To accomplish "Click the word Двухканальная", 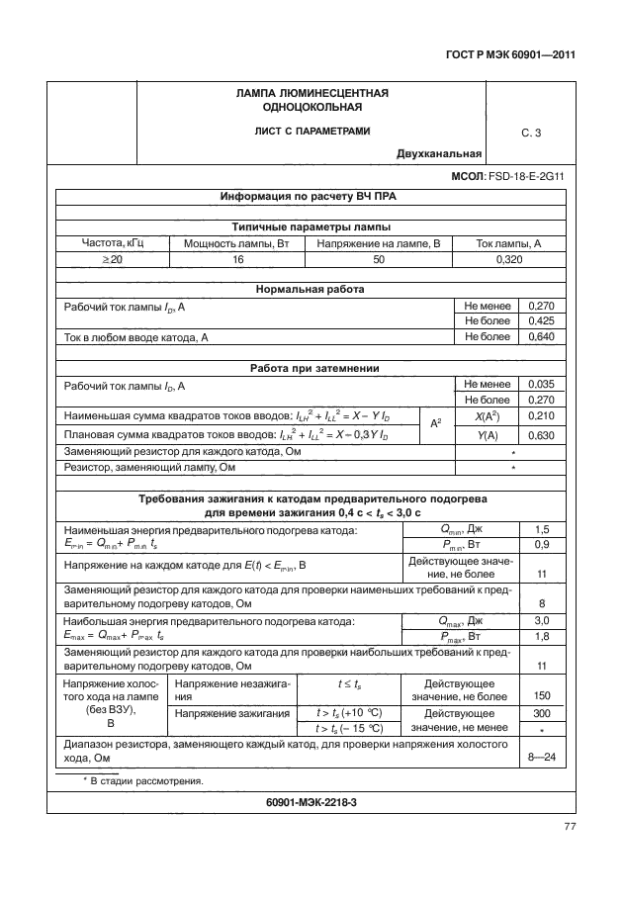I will tap(439, 153).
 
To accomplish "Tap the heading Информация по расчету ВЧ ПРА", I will tap(311, 197).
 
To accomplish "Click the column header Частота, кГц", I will tap(113, 242).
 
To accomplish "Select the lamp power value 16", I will tap(237, 258).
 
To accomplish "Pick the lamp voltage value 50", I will tap(379, 258).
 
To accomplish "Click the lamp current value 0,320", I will tap(508, 258).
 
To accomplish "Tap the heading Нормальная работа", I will tap(311, 290).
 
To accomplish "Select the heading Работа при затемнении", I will tap(311, 369).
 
